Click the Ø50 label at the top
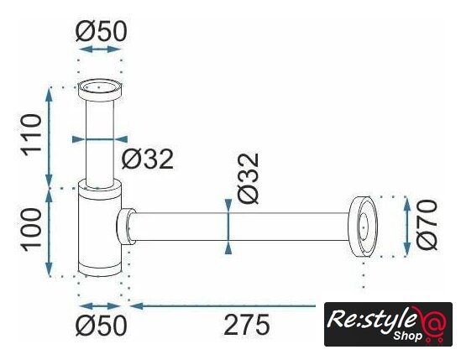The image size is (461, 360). pos(101,31)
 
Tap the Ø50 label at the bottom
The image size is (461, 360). pos(101,325)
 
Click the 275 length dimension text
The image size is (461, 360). pos(246,325)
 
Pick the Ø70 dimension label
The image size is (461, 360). pos(427,225)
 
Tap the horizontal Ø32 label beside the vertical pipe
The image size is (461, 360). pos(148,159)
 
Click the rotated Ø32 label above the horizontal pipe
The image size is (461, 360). pos(249,178)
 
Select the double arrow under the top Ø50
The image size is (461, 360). pos(100,49)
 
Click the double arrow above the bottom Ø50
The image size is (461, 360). pos(100,306)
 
